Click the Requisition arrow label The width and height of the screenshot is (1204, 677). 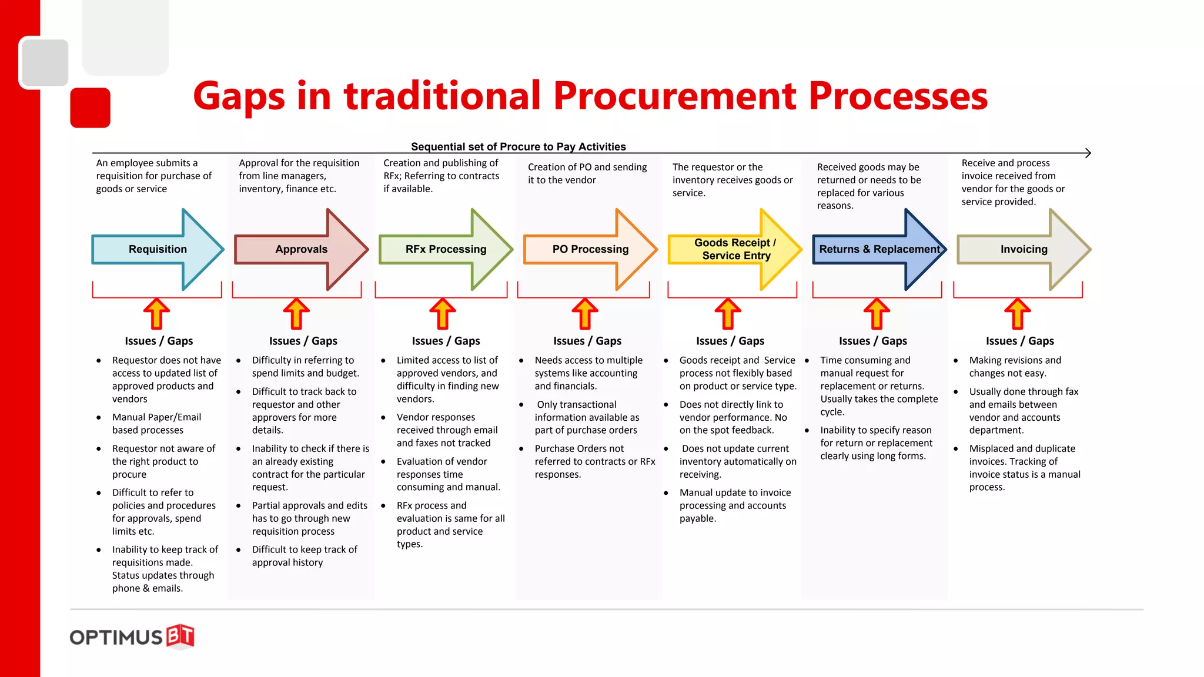click(158, 249)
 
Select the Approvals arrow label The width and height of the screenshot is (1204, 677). click(301, 249)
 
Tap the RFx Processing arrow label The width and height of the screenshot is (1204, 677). click(446, 249)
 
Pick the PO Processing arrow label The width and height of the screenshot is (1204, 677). click(590, 249)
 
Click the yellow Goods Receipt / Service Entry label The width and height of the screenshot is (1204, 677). click(735, 249)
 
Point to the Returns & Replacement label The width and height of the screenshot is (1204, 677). click(879, 249)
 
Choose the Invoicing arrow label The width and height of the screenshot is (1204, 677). click(1024, 249)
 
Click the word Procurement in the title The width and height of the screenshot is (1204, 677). click(675, 96)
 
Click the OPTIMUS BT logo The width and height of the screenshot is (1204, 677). click(132, 636)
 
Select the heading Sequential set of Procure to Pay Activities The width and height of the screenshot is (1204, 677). click(518, 146)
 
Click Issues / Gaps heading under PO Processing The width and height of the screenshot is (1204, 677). click(587, 341)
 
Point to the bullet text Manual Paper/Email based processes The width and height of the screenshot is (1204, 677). click(156, 423)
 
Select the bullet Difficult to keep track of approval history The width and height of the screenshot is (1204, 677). click(304, 555)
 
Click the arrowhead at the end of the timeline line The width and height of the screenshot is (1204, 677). click(1088, 153)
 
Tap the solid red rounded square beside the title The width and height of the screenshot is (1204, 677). click(91, 108)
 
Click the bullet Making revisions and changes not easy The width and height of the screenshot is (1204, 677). click(1015, 366)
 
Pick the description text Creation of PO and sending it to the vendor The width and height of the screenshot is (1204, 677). click(587, 173)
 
